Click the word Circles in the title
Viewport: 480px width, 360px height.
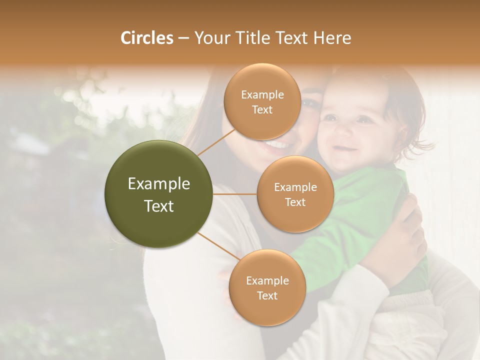pyautogui.click(x=146, y=38)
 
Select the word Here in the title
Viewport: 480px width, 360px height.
pyautogui.click(x=332, y=38)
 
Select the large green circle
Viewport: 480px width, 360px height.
pyautogui.click(x=158, y=194)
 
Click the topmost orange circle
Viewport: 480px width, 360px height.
pyautogui.click(x=262, y=101)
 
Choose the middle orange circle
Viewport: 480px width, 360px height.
pyautogui.click(x=295, y=194)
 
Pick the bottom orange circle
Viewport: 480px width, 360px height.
pyautogui.click(x=267, y=287)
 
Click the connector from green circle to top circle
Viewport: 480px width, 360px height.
pyautogui.click(x=216, y=142)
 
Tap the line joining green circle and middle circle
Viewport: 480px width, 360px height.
pyautogui.click(x=234, y=194)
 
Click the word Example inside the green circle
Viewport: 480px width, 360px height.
pyautogui.click(x=158, y=184)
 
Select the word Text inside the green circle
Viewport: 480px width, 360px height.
pyautogui.click(x=158, y=206)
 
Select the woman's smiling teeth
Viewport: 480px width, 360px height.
pyautogui.click(x=276, y=144)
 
